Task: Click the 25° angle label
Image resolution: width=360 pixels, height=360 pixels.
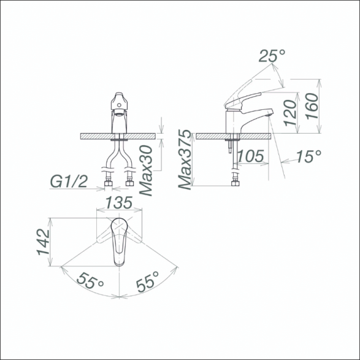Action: (272, 56)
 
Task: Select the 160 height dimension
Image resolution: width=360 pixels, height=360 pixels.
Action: (312, 106)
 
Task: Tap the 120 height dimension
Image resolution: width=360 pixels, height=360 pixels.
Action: (290, 113)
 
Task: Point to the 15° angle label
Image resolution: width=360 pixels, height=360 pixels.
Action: (308, 156)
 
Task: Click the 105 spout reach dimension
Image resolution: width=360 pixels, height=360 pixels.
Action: (250, 156)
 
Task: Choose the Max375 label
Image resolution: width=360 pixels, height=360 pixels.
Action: (185, 160)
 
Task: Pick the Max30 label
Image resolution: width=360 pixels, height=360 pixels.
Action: (146, 170)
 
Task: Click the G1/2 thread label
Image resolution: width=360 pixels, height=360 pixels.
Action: (69, 182)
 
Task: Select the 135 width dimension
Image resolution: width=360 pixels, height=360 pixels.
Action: (119, 202)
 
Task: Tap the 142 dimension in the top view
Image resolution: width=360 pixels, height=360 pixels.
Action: (43, 242)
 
